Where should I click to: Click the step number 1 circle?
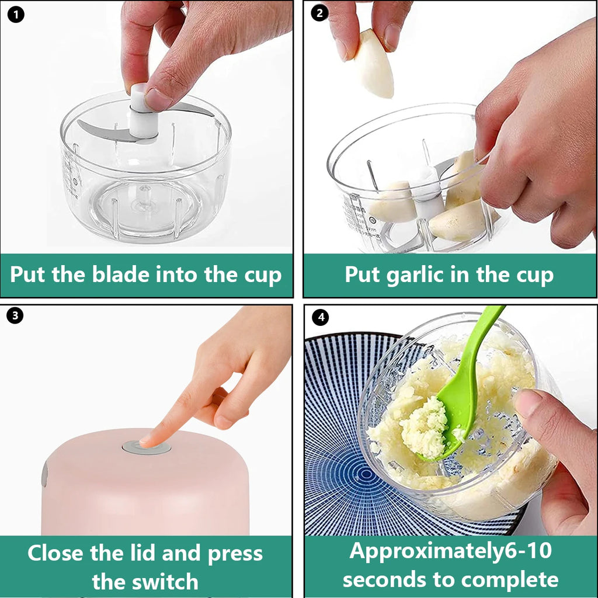pyautogui.click(x=16, y=13)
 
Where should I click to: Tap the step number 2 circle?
pyautogui.click(x=319, y=13)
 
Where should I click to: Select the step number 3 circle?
pyautogui.click(x=16, y=316)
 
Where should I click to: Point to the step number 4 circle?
pyautogui.click(x=320, y=318)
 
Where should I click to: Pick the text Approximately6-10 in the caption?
pyautogui.click(x=450, y=551)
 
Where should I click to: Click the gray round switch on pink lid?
pyautogui.click(x=147, y=447)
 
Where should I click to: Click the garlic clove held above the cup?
pyautogui.click(x=374, y=64)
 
